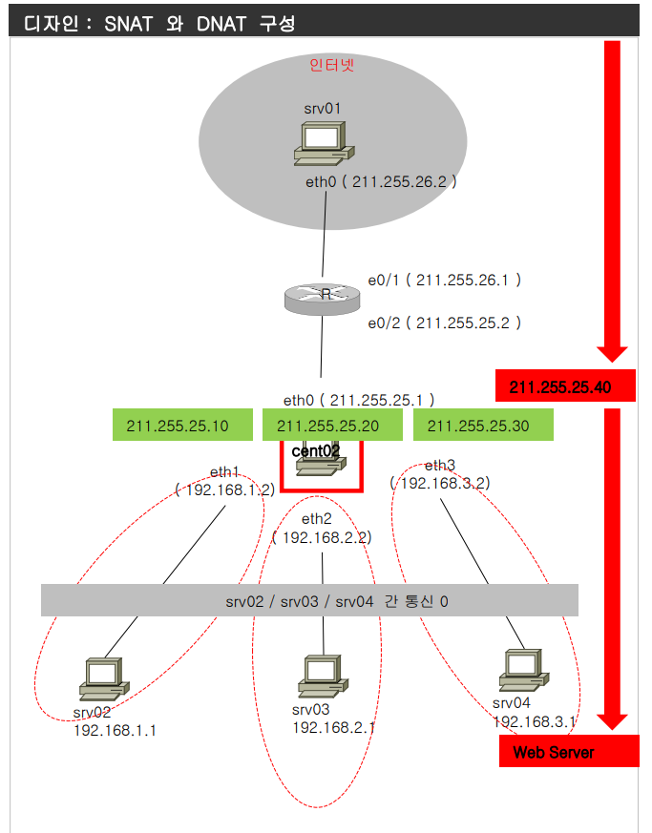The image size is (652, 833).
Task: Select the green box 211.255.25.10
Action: [x=181, y=427]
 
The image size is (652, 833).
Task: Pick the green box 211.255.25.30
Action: [x=484, y=427]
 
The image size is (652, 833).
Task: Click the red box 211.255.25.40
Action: [x=566, y=386]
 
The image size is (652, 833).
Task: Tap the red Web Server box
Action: [x=568, y=752]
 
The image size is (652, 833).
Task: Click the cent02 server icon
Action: [x=321, y=463]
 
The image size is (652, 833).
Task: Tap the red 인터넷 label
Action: [x=332, y=65]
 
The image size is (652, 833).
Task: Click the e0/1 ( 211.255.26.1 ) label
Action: [x=445, y=281]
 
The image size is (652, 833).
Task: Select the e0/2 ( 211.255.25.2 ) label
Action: [x=445, y=323]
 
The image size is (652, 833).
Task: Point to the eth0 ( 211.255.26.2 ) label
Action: [x=381, y=181]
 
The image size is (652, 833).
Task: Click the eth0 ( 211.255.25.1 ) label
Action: [x=359, y=400]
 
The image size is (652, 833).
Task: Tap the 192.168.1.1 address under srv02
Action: [x=115, y=730]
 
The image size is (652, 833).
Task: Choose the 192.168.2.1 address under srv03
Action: [x=333, y=727]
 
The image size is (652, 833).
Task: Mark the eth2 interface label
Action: [x=316, y=519]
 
